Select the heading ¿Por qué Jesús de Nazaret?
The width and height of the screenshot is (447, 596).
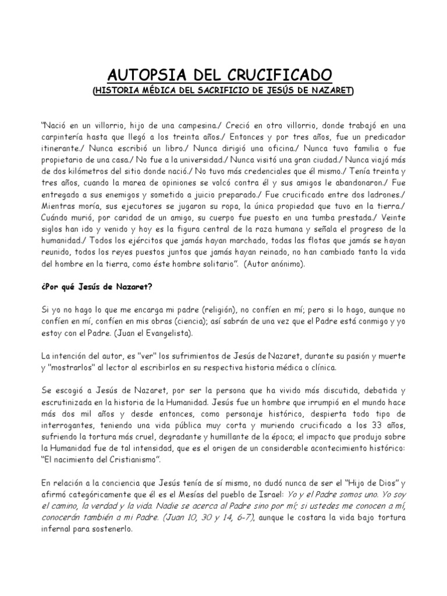click(95, 285)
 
